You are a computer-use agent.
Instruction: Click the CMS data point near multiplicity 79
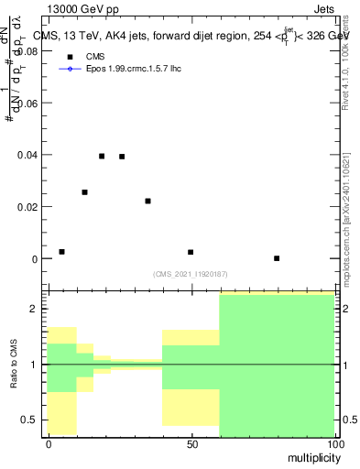pos(277,258)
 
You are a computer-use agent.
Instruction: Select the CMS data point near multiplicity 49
pos(191,252)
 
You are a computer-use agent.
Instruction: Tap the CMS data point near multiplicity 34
pos(147,201)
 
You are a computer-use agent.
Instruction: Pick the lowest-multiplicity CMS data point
pos(61,252)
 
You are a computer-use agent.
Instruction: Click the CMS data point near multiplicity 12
pos(84,192)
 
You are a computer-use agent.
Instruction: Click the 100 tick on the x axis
pos(334,444)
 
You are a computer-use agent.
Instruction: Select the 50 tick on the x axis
pos(191,444)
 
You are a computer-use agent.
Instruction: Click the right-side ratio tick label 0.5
pos(349,420)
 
